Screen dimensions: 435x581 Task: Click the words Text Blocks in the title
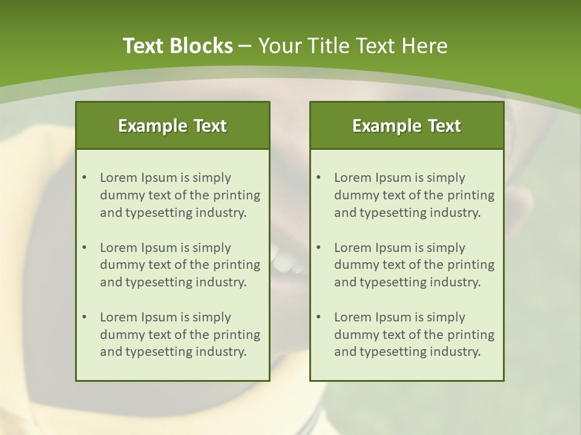point(177,46)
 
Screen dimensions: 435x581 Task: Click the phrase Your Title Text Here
point(353,46)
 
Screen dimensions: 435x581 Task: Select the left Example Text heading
point(172,126)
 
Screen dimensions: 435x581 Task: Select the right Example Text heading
point(407,126)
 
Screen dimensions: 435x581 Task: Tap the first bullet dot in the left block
point(84,178)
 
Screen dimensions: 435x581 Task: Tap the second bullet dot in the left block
point(84,248)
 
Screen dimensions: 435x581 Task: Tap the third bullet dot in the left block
point(84,317)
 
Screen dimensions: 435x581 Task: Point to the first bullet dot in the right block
point(318,178)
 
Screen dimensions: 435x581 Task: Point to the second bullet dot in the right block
point(318,248)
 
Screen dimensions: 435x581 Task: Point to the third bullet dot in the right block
point(318,317)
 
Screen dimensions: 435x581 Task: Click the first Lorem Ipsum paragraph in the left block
point(180,195)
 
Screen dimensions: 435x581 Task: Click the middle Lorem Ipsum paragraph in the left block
point(180,265)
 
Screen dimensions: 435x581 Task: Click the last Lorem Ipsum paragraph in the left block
point(180,335)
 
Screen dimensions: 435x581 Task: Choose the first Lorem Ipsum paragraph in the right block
point(414,195)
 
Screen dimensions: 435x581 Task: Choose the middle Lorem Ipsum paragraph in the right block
point(414,265)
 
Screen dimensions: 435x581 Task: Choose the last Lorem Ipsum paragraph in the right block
point(414,335)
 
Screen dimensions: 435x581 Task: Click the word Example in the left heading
point(153,126)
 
